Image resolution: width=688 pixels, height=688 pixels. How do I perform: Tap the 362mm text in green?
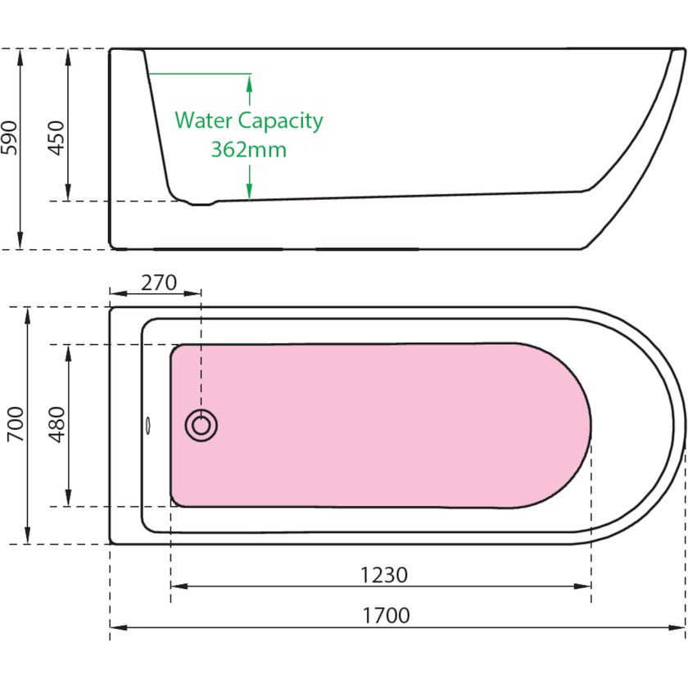[x=249, y=150]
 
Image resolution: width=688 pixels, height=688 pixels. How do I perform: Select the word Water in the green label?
[x=203, y=121]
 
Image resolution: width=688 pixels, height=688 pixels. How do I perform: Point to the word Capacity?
[x=281, y=122]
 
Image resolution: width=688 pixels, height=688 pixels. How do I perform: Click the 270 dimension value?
[x=159, y=282]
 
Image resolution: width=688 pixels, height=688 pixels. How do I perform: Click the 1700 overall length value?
[x=384, y=615]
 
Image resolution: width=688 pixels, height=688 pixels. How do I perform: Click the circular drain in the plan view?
[x=201, y=425]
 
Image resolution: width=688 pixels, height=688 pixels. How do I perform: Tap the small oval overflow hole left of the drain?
[x=149, y=425]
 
